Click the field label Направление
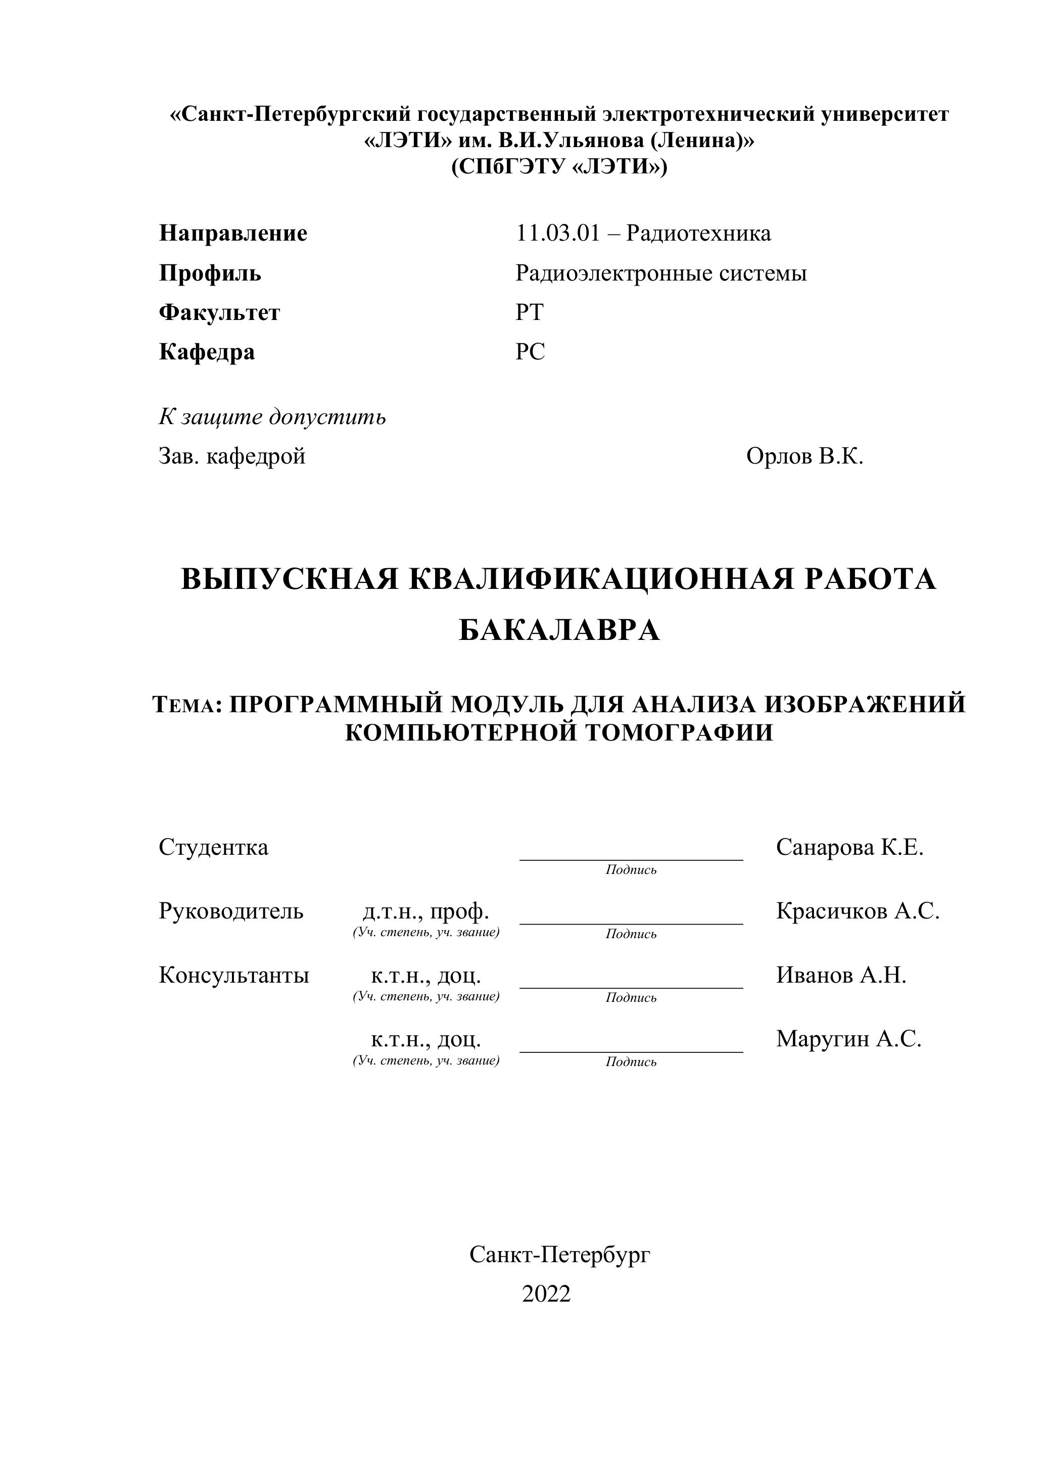[x=233, y=233]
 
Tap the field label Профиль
[x=210, y=273]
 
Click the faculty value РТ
[x=529, y=312]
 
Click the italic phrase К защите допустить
[x=272, y=417]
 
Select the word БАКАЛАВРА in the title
[x=558, y=630]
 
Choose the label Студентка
[x=213, y=847]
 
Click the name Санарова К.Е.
[x=849, y=847]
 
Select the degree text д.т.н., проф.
[x=426, y=911]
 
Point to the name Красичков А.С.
[x=858, y=911]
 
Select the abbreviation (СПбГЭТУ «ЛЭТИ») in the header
[x=558, y=167]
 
